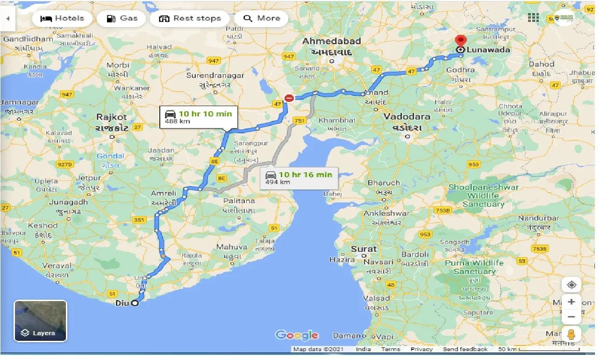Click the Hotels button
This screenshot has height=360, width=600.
pyautogui.click(x=62, y=19)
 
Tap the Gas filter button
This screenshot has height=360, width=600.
pyautogui.click(x=122, y=19)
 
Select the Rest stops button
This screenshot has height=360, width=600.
pyautogui.click(x=190, y=19)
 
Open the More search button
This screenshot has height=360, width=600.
pyautogui.click(x=262, y=19)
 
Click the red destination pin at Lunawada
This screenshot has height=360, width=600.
pyautogui.click(x=461, y=41)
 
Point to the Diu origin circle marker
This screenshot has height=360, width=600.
pyautogui.click(x=135, y=303)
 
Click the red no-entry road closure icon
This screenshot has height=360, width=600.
pyautogui.click(x=289, y=98)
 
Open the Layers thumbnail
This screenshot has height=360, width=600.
pyautogui.click(x=41, y=321)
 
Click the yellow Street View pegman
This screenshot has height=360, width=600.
pyautogui.click(x=571, y=335)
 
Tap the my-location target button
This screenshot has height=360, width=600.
pyautogui.click(x=571, y=284)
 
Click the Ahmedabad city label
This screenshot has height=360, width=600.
pyautogui.click(x=332, y=41)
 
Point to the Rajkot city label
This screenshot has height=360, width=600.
pyautogui.click(x=112, y=117)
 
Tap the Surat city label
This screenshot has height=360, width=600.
pyautogui.click(x=364, y=249)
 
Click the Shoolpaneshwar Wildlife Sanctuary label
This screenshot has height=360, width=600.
pyautogui.click(x=483, y=195)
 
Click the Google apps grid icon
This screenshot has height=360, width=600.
pyautogui.click(x=533, y=18)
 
